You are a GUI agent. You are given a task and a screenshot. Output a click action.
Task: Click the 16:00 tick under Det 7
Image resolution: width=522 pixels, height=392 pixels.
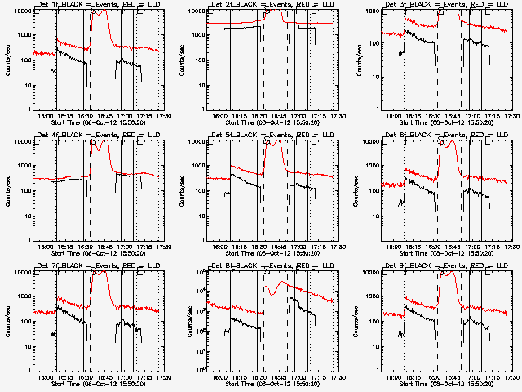pos(46,377)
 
